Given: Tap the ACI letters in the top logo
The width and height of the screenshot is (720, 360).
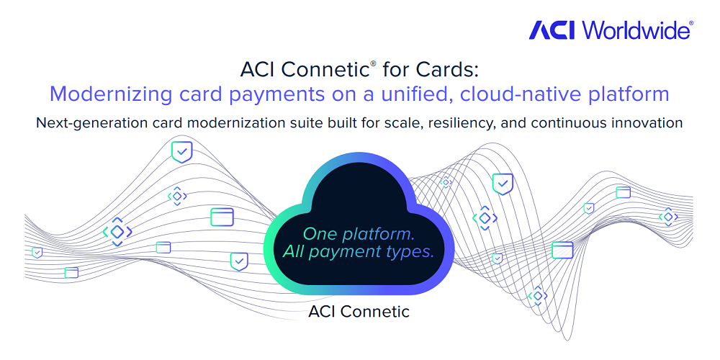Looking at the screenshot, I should click(554, 30).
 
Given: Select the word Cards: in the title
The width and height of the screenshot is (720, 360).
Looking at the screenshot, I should click(451, 70).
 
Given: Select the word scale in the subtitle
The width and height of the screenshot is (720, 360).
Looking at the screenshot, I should click(402, 122).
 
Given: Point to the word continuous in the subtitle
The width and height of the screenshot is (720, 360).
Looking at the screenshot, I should click(562, 122).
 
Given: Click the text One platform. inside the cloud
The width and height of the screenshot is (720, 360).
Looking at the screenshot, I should click(358, 234).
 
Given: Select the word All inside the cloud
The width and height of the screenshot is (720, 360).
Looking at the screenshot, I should click(294, 252).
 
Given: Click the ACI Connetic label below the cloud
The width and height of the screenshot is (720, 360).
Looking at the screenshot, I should click(359, 312).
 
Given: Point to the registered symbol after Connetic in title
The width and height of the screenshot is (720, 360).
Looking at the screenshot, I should click(373, 64).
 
